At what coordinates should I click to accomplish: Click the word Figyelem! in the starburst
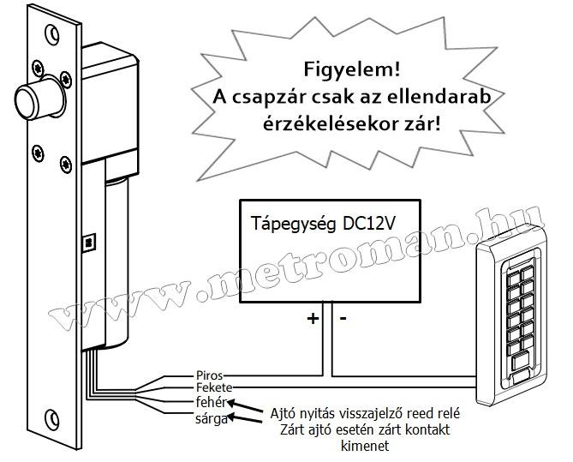click(x=352, y=69)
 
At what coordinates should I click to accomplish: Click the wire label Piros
click(x=210, y=375)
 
